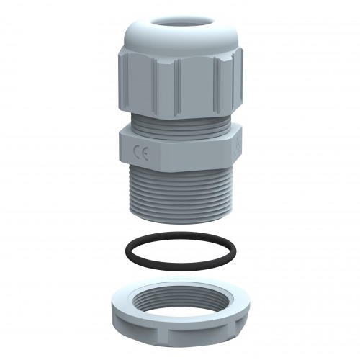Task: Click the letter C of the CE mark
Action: coord(136,151)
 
